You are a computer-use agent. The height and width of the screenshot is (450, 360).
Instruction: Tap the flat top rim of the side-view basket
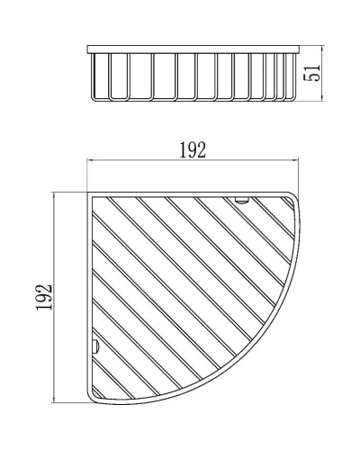click(193, 47)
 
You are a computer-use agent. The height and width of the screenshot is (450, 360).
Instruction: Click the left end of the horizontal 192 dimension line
click(87, 161)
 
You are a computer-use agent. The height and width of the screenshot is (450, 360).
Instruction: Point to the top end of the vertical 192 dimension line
click(57, 193)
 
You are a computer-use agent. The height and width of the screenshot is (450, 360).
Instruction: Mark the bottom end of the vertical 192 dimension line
click(57, 400)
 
